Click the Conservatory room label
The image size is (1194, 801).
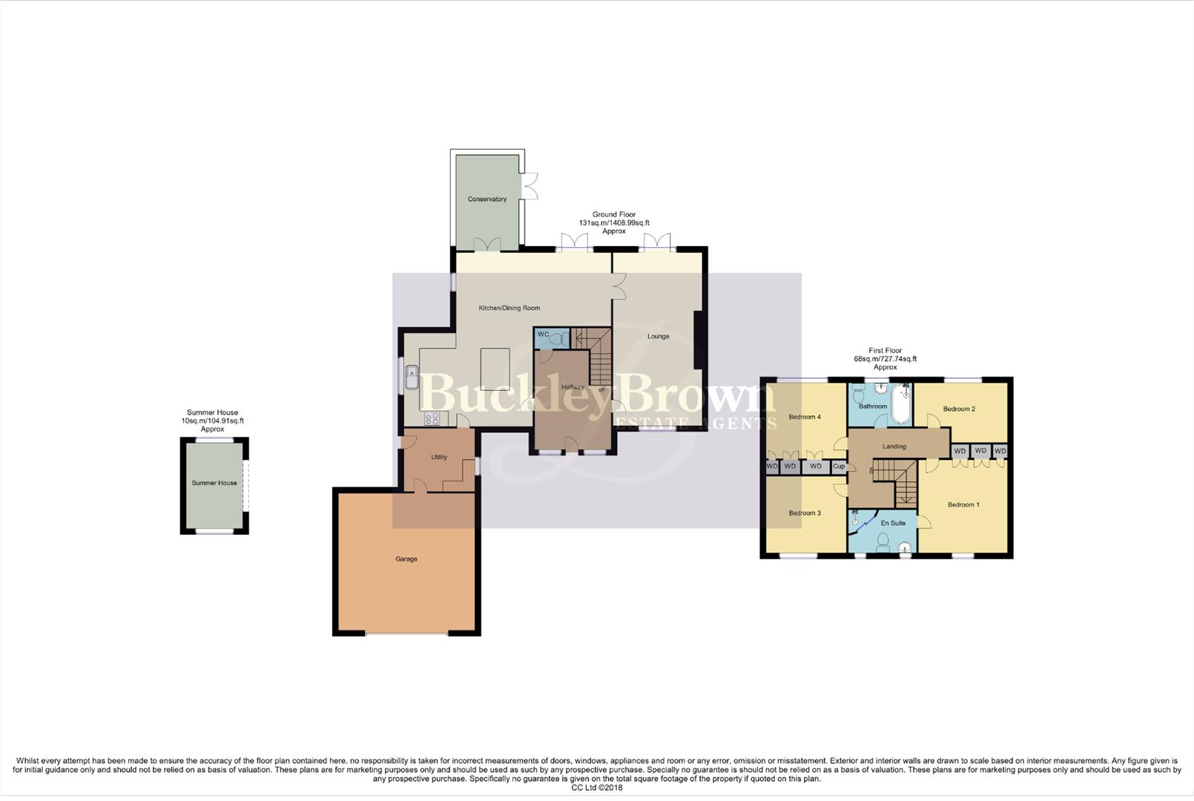point(487,199)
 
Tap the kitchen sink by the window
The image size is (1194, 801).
point(412,378)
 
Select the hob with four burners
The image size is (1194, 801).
point(432,419)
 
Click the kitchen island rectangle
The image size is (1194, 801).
point(495,369)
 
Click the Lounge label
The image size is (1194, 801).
point(658,336)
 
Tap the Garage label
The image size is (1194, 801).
point(406,558)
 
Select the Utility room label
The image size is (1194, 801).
point(439,457)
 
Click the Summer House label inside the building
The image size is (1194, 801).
point(214,483)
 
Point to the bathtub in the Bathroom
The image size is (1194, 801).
point(901,403)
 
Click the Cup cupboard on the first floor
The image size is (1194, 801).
point(838,467)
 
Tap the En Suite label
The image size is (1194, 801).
point(893,523)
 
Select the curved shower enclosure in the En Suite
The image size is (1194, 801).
point(862,522)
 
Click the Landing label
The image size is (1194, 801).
point(894,446)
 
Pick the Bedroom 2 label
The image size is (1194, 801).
point(959,409)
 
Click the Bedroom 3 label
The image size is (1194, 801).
point(805,512)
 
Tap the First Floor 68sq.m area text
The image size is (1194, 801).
point(885,359)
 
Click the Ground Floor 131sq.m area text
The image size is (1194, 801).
point(614,222)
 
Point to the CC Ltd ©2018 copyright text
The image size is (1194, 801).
point(596,788)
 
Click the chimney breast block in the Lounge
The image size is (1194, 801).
point(697,340)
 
